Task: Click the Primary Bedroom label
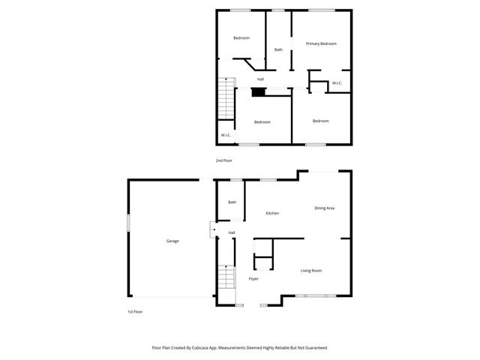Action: (x=321, y=44)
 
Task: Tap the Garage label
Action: (x=172, y=241)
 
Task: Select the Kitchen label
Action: (x=272, y=214)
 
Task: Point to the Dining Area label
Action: (x=324, y=208)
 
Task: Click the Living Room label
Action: (x=311, y=271)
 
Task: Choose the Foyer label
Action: (x=253, y=279)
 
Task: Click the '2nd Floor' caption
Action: (x=224, y=160)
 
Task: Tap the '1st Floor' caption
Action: (x=135, y=311)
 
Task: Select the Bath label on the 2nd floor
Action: (x=278, y=50)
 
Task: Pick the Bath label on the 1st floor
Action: (x=232, y=202)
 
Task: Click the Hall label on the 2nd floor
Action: (x=260, y=79)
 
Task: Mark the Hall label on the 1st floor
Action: (x=232, y=232)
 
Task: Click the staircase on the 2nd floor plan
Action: (x=224, y=97)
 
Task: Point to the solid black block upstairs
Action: (x=258, y=92)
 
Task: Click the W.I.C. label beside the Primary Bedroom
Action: (x=337, y=83)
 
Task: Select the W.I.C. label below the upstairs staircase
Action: (x=225, y=135)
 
